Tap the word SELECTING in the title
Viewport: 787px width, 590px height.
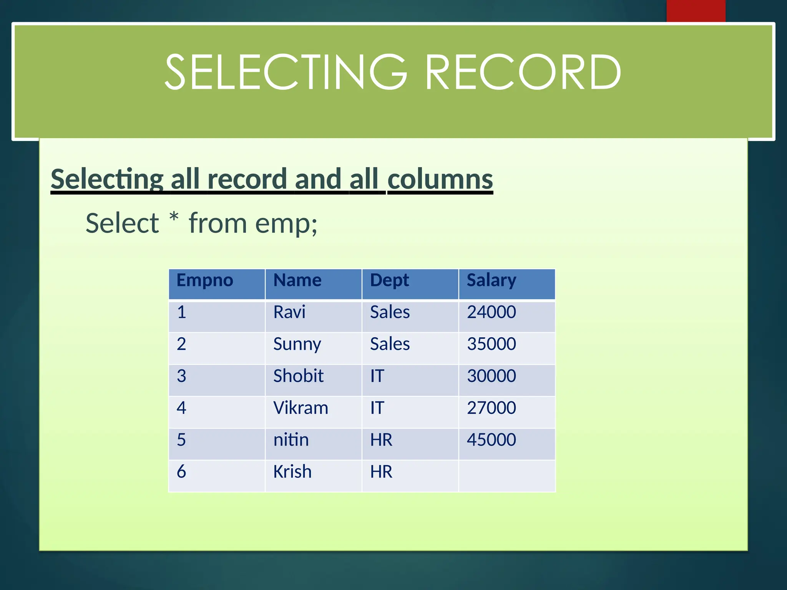tap(286, 72)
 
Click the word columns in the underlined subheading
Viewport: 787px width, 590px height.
tap(440, 179)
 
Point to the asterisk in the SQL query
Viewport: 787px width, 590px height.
tap(174, 217)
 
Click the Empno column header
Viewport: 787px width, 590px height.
tap(205, 280)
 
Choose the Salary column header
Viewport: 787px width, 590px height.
tap(491, 280)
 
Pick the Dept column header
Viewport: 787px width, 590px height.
tap(389, 280)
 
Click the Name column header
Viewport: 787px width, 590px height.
tap(297, 280)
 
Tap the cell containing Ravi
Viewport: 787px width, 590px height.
tap(289, 312)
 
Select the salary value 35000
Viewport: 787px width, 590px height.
tap(491, 344)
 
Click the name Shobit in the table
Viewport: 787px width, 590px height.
tap(298, 376)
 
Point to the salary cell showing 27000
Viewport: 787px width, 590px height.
tap(491, 408)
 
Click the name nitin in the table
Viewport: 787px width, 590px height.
tap(291, 440)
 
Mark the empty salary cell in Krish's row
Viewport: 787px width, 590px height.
tap(507, 476)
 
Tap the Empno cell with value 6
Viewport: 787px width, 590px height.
tap(181, 472)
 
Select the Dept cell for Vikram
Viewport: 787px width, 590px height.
tap(377, 408)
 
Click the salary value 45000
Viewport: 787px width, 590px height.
tap(491, 440)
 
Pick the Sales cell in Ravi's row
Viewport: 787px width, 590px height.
tap(390, 312)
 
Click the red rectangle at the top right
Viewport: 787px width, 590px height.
tap(696, 11)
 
